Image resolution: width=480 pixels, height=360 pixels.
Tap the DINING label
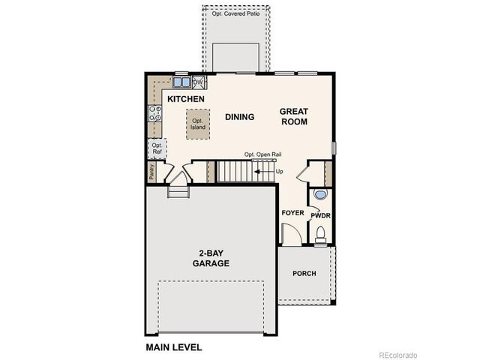[x=240, y=117]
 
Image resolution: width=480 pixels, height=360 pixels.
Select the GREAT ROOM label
[x=294, y=116]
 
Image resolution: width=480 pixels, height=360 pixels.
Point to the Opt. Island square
[x=198, y=124]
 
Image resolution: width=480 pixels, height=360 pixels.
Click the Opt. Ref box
[x=156, y=148]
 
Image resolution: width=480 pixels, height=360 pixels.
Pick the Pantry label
[x=151, y=172]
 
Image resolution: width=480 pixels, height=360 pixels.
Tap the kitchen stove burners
[x=156, y=113]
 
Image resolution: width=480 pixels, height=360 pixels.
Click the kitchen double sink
[x=182, y=82]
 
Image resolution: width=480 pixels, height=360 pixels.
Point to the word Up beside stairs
[x=280, y=172]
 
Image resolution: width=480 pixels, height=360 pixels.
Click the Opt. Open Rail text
[x=262, y=155]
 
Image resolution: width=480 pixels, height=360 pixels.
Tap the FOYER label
[x=292, y=213]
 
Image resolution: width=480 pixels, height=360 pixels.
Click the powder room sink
[x=320, y=194]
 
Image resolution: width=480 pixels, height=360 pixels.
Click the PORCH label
[x=304, y=273]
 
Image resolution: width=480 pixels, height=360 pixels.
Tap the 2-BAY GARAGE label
[x=211, y=259]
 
